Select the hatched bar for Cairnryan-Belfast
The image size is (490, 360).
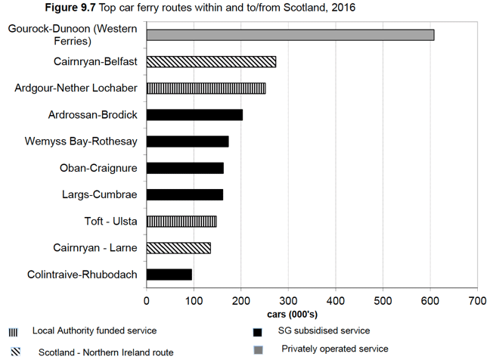[211, 61]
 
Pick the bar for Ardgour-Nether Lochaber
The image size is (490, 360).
[206, 88]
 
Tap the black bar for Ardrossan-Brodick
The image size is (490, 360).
[194, 115]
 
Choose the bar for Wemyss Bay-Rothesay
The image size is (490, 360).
[188, 141]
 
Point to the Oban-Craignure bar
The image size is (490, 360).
[185, 168]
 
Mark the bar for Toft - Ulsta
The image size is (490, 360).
[181, 221]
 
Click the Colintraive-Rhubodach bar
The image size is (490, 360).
[169, 274]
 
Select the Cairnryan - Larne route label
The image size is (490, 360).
[95, 247]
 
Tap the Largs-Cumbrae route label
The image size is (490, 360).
[99, 194]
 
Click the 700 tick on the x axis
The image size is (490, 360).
[477, 300]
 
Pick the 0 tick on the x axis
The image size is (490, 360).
[147, 300]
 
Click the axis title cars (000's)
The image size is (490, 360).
[293, 313]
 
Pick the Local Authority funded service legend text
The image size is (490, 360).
[95, 331]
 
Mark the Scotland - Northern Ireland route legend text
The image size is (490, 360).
[106, 352]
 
